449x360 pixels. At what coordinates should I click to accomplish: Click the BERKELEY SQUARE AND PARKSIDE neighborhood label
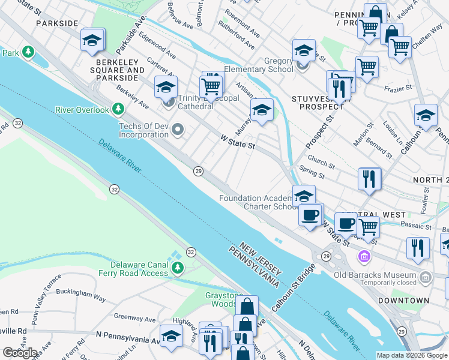pos(119,70)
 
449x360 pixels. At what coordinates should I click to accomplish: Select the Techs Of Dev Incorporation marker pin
pos(177,130)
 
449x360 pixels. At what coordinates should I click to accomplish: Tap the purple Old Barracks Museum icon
pos(363,257)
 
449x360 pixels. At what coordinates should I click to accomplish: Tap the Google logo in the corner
pos(20,353)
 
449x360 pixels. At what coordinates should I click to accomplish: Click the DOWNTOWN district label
pos(403,300)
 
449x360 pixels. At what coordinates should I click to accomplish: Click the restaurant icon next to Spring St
pos(369,179)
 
